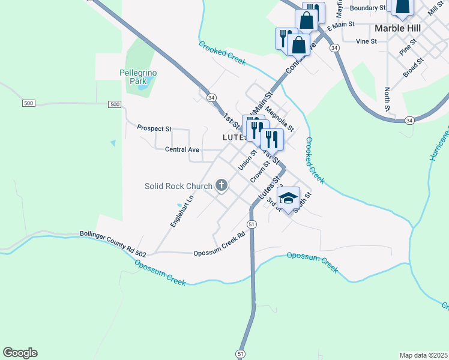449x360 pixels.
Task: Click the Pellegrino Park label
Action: point(138,76)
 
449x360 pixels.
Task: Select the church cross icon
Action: point(221,185)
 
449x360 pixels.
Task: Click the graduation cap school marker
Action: point(288,198)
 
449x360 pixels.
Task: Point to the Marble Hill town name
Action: point(397,28)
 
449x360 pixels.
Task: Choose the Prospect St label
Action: point(154,128)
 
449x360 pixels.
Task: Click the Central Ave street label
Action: point(182,149)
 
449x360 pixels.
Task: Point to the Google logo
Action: point(20,353)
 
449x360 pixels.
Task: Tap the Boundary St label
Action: point(367,8)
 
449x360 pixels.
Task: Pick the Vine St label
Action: point(366,41)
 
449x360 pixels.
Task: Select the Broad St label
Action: point(414,67)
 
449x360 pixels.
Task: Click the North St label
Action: point(387,99)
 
